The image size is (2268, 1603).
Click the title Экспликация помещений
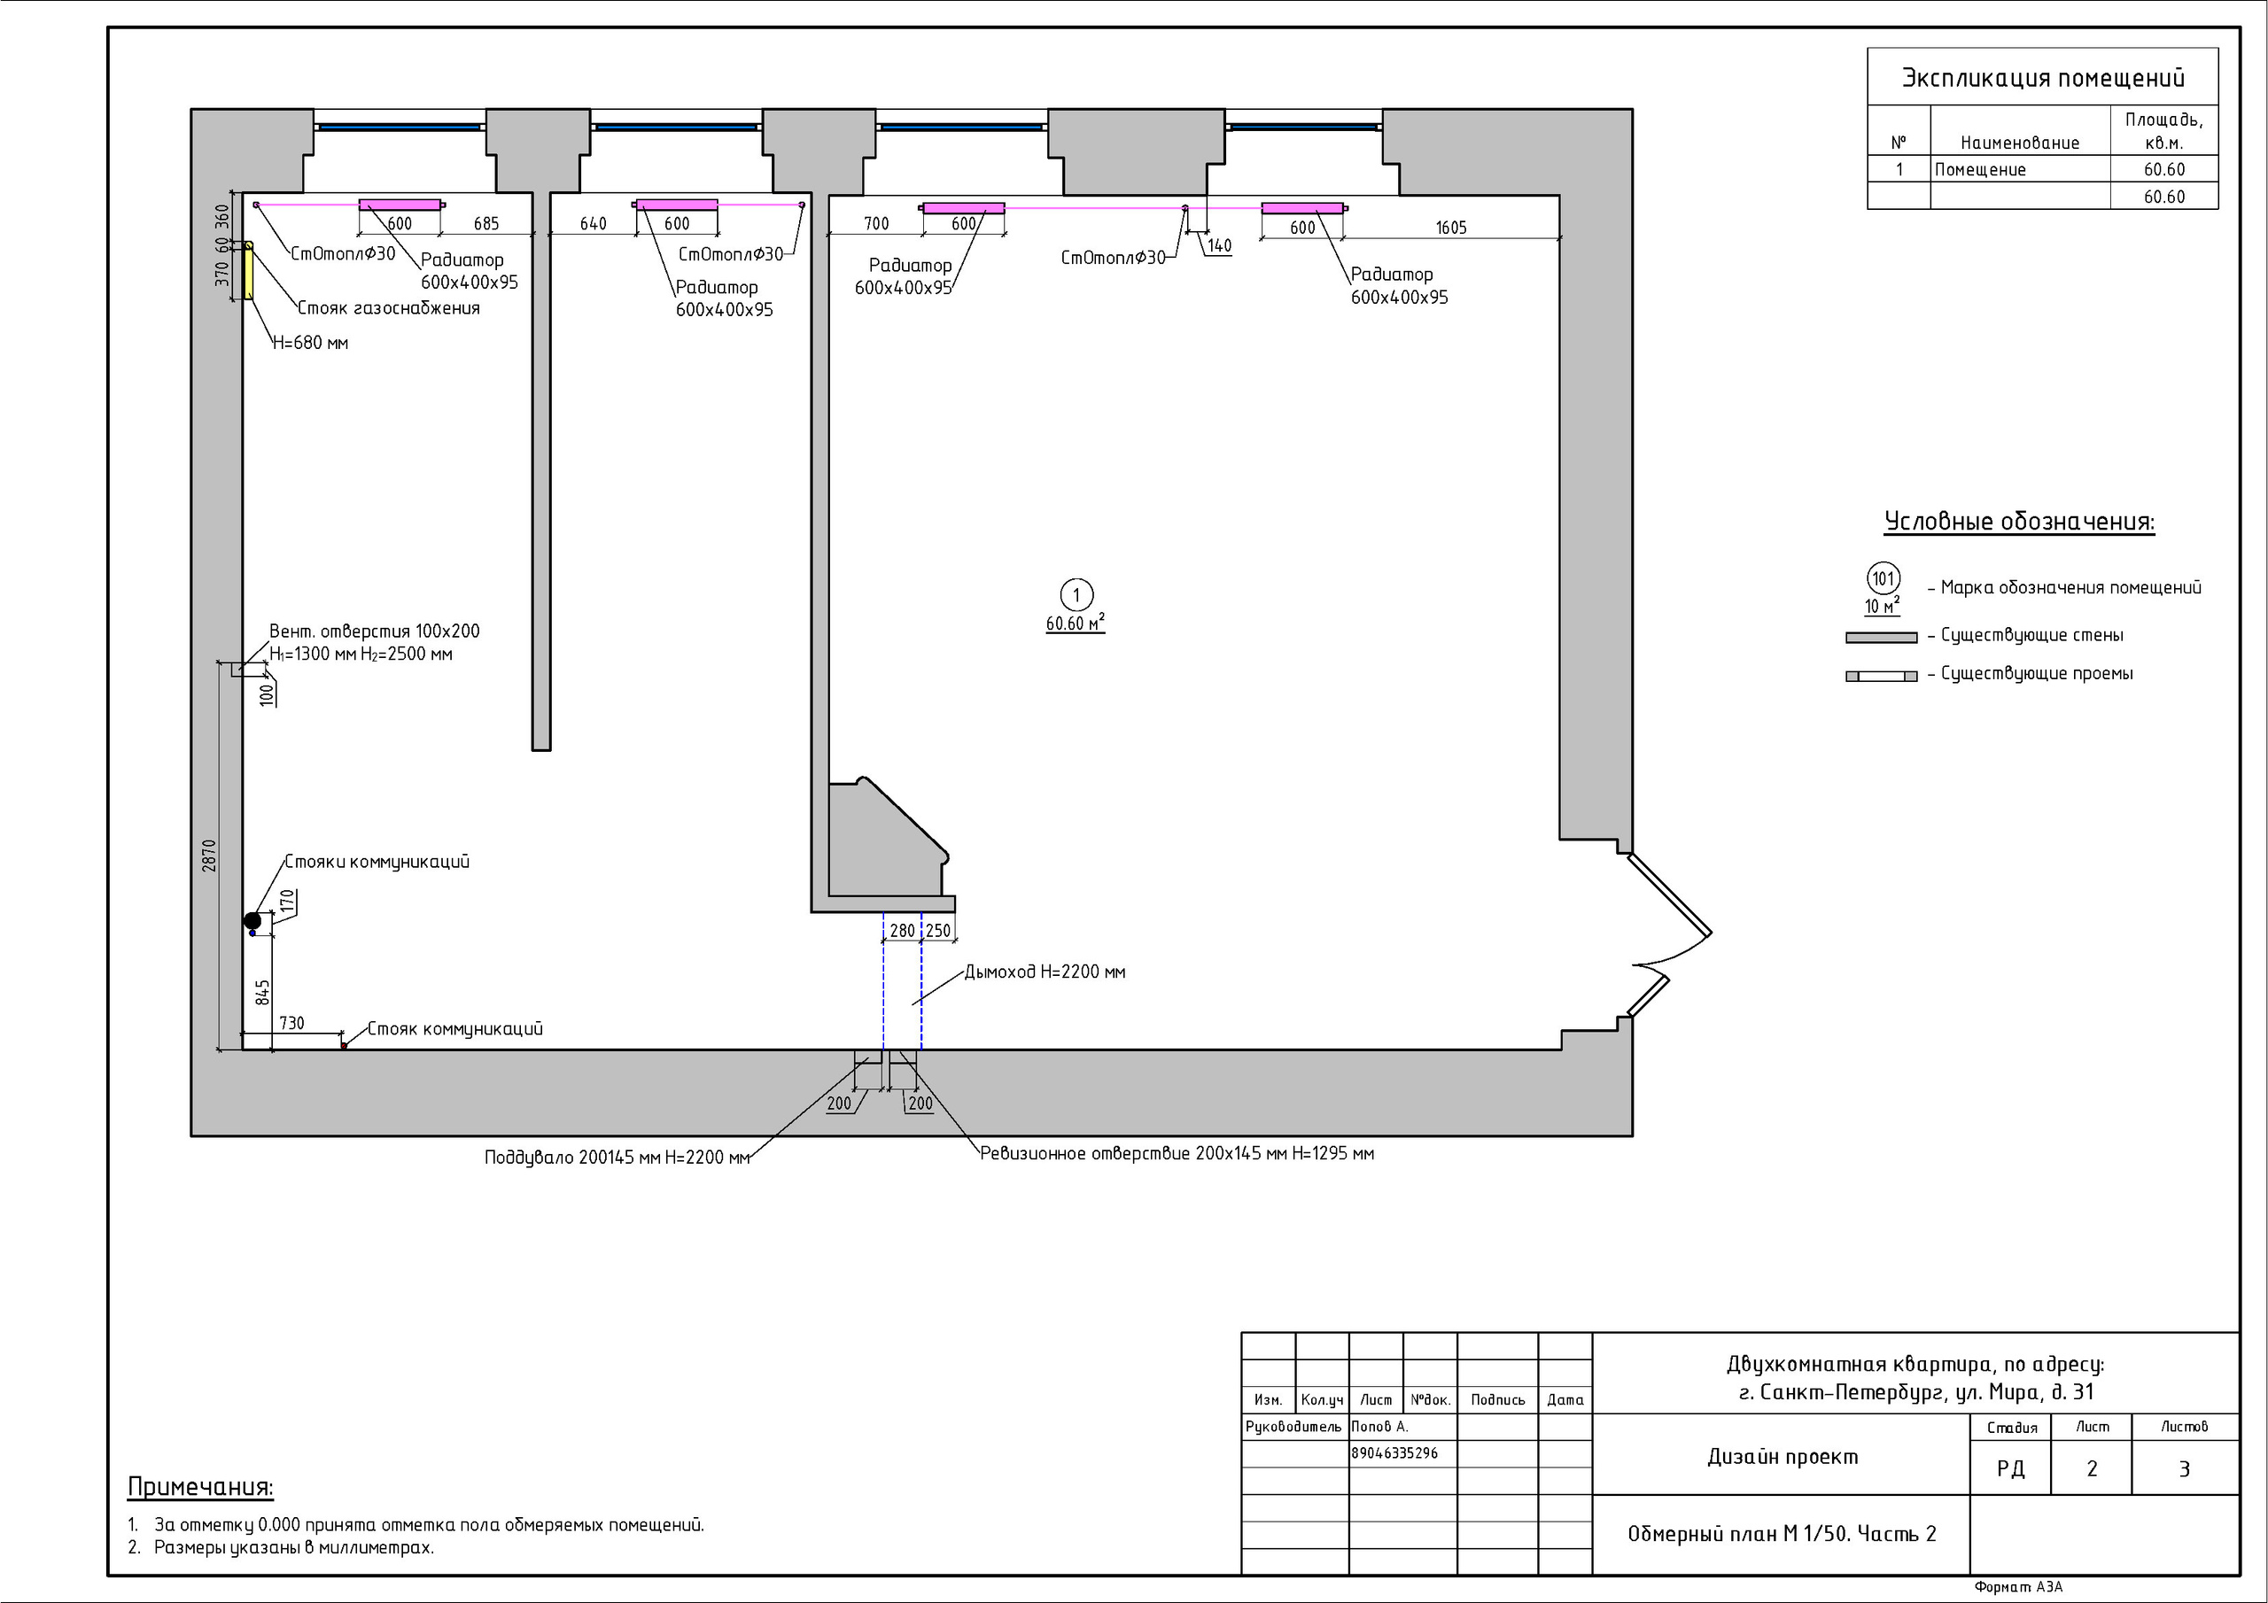click(2043, 78)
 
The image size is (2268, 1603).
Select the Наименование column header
click(2019, 143)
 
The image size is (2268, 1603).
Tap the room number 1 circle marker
click(1076, 595)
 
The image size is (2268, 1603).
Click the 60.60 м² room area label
click(1076, 623)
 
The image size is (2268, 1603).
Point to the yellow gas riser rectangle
click(249, 269)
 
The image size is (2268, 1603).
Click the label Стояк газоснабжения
click(389, 308)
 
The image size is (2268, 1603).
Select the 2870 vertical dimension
click(208, 856)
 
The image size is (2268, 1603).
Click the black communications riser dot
click(252, 920)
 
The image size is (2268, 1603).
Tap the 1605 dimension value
click(1451, 228)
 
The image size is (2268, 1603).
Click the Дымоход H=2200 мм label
click(1045, 972)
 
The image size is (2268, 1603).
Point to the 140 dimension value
click(1220, 246)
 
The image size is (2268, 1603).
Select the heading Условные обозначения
click(2019, 522)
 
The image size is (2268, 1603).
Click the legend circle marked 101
click(1883, 579)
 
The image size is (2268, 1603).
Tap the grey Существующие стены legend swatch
click(1881, 638)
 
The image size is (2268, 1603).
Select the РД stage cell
click(2010, 1468)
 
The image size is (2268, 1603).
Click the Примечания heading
click(200, 1488)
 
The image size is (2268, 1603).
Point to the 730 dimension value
click(291, 1023)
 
